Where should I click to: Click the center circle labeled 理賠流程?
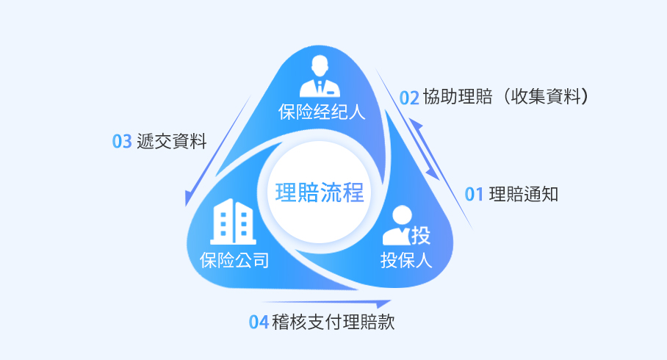click(x=320, y=192)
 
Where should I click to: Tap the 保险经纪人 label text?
click(x=322, y=112)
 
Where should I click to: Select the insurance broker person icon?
click(x=320, y=76)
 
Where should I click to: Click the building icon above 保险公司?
click(x=233, y=221)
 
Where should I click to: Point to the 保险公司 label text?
click(x=234, y=260)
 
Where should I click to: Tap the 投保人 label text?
click(x=406, y=260)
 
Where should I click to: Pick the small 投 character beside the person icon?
click(x=421, y=235)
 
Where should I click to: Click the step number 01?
click(x=474, y=195)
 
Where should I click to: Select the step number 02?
click(x=409, y=98)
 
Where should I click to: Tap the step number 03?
click(x=122, y=141)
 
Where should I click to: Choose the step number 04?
click(x=259, y=322)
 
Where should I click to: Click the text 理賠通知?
click(x=524, y=194)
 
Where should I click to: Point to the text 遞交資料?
click(x=171, y=141)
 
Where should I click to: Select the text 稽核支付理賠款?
click(x=333, y=322)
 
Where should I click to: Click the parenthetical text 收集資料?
click(x=546, y=96)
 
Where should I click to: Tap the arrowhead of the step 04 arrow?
click(x=383, y=304)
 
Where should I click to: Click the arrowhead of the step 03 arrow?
click(x=189, y=198)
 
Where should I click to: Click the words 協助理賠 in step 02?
click(x=458, y=96)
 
